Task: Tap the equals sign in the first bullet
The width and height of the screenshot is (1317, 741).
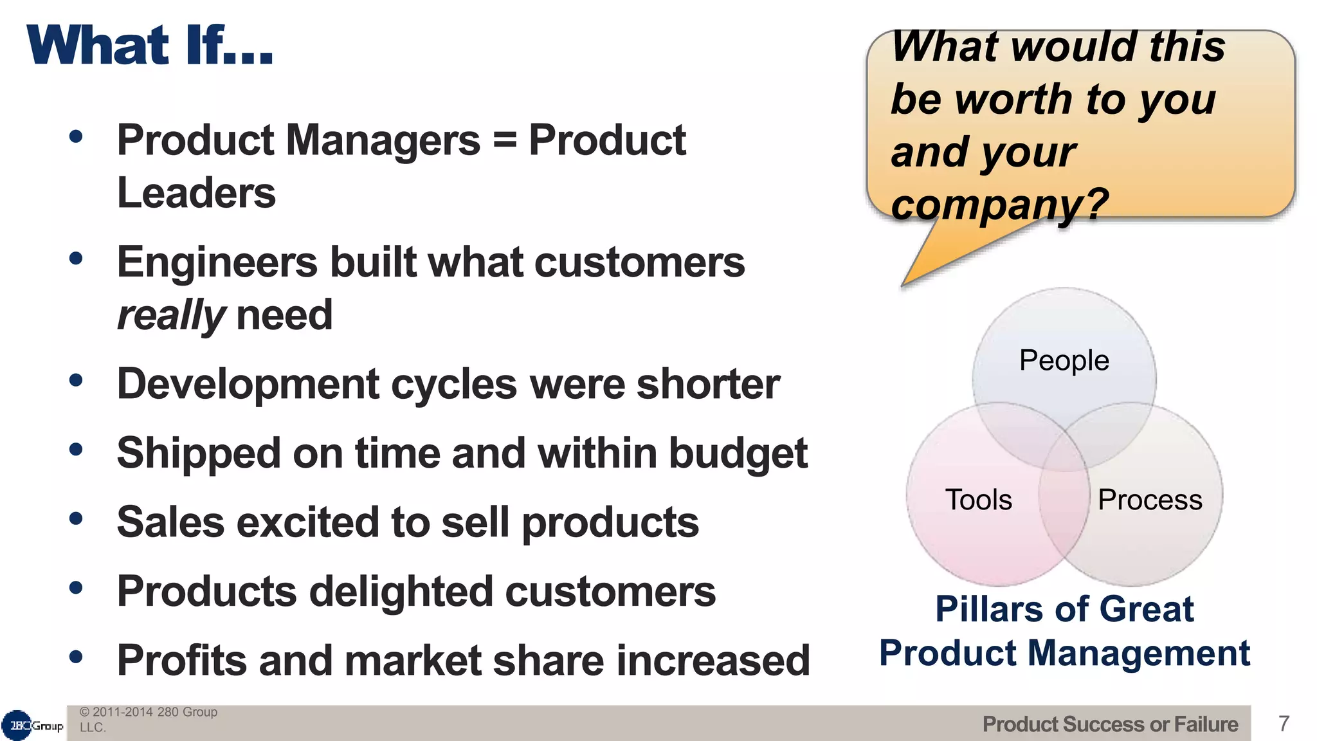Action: coord(504,140)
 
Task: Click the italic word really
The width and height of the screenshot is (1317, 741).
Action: coord(170,315)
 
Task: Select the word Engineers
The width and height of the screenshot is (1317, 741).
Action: coord(217,262)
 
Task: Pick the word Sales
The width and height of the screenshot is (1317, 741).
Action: coord(170,522)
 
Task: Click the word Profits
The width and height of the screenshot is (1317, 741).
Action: coord(181,661)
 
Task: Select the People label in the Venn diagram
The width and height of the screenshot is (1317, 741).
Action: coord(1064,360)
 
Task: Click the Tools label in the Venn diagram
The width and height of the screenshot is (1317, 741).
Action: coord(978,500)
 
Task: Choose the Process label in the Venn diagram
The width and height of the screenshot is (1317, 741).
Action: coord(1149,500)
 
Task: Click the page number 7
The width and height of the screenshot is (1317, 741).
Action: coord(1284,724)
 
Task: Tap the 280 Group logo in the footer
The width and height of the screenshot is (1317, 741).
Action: coord(32,726)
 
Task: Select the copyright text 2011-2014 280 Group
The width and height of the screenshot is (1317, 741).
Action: coord(148,712)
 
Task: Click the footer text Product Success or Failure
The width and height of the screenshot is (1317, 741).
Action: coord(1109,724)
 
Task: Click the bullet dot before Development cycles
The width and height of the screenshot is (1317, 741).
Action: coord(77,380)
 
